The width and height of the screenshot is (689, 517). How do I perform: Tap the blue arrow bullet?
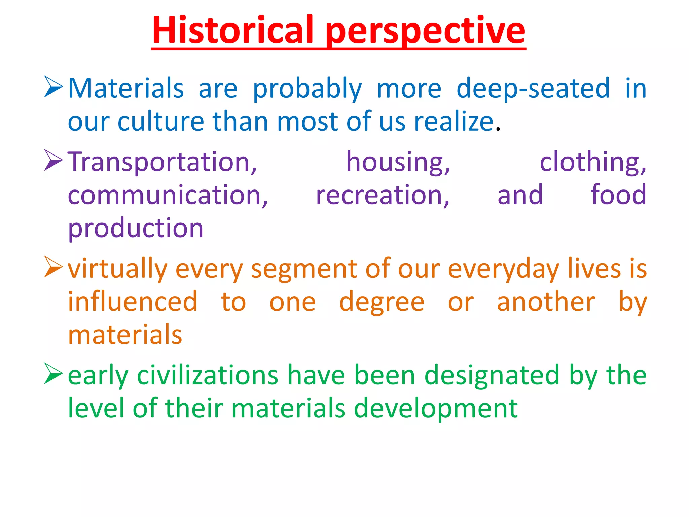coord(53,87)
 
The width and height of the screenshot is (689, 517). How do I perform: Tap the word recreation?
coord(383,195)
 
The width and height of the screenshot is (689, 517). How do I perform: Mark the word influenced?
coord(133,302)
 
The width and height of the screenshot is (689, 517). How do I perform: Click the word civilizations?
coord(208,375)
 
